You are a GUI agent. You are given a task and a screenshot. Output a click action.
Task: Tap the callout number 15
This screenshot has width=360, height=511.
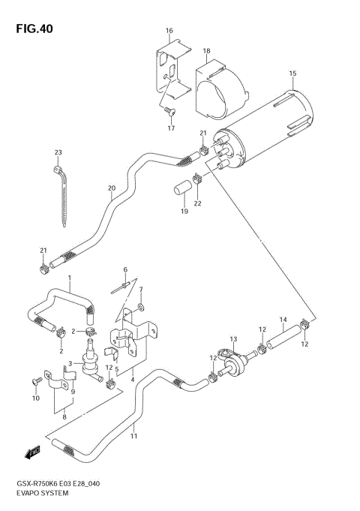point(292,73)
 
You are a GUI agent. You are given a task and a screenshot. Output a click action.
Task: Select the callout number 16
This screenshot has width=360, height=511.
point(169,31)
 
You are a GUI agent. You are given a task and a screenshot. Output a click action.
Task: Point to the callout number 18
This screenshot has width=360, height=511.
point(206,51)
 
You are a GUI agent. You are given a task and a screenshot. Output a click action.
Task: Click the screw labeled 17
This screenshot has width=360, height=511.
point(169,113)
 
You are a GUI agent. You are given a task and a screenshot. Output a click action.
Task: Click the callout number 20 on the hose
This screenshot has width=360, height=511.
point(111,188)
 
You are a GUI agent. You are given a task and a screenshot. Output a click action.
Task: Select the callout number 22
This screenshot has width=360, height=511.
point(198,203)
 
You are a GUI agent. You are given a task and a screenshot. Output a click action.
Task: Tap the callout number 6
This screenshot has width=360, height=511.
point(125,269)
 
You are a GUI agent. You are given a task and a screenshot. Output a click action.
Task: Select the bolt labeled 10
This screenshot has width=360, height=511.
point(36,382)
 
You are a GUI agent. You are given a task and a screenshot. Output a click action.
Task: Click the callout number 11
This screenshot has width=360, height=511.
point(134,436)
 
